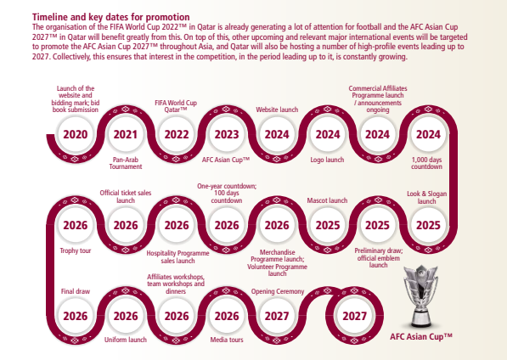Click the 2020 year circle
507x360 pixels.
click(x=76, y=134)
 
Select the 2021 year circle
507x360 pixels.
click(x=126, y=134)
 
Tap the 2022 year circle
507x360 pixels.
click(x=176, y=134)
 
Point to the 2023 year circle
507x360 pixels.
click(x=226, y=134)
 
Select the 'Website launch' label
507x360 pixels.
click(x=277, y=110)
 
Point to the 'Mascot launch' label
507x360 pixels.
click(x=327, y=201)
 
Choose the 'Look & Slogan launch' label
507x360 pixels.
click(x=428, y=198)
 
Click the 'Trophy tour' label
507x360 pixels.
click(x=76, y=250)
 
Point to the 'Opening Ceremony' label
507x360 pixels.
click(x=277, y=290)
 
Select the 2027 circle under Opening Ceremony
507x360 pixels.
click(x=277, y=316)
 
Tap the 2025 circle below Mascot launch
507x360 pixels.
click(x=327, y=225)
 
